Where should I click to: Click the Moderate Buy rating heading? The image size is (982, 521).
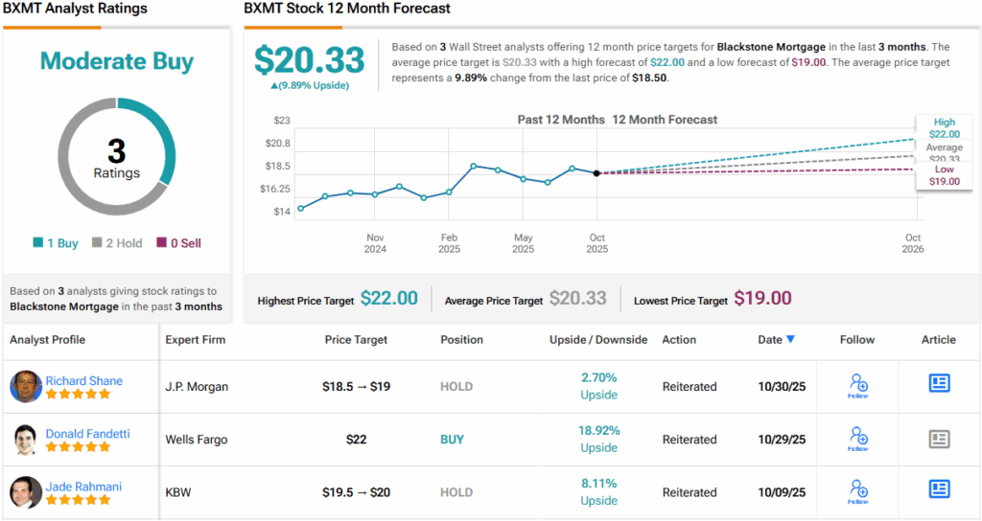(116, 61)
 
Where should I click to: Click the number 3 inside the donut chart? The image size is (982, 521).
(116, 151)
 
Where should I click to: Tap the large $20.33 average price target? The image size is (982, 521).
(309, 60)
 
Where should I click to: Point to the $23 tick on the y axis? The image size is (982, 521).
(282, 120)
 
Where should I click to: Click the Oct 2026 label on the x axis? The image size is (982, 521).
(912, 243)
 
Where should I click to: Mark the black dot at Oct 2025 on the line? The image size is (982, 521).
(596, 173)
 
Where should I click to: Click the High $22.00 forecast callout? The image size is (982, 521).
(944, 128)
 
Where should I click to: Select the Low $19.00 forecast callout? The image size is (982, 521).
(944, 175)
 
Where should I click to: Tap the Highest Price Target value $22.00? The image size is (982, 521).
(388, 299)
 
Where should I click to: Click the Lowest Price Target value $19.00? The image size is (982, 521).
(762, 299)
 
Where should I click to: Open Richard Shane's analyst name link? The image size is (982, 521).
(84, 380)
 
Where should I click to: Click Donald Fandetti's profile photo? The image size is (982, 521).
(26, 440)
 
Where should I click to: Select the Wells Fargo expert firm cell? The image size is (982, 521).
(197, 440)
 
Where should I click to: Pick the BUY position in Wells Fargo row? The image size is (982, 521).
(452, 440)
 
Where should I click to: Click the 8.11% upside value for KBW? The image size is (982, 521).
(598, 484)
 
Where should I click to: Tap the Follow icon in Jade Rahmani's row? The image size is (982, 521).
(858, 490)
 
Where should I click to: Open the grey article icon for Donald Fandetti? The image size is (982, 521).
(939, 439)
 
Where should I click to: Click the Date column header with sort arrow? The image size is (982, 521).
(776, 339)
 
